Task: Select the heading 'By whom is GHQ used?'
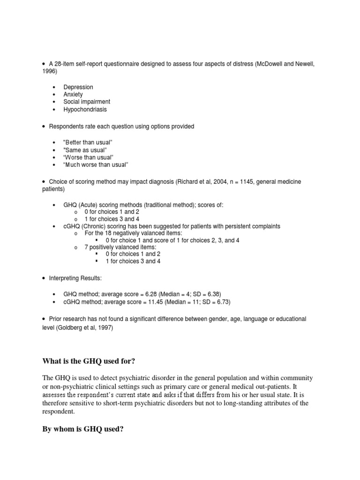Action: point(82,429)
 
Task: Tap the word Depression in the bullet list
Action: point(78,87)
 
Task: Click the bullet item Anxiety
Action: point(73,95)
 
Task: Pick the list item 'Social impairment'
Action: point(87,102)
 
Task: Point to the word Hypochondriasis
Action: point(85,109)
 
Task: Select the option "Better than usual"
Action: point(88,142)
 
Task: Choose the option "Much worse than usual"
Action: point(96,165)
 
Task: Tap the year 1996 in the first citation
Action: point(49,71)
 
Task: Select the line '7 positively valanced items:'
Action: point(120,247)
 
